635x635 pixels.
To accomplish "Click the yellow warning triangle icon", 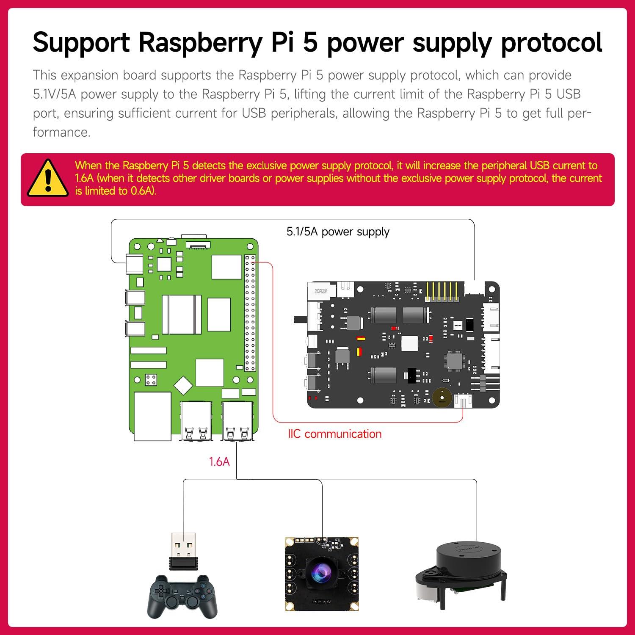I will click(48, 179).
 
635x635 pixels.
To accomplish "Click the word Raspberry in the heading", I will click(201, 42).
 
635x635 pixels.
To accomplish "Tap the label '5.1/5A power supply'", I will click(338, 232).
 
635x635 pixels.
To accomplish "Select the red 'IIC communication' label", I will click(334, 434).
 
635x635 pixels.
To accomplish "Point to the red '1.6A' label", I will click(219, 461).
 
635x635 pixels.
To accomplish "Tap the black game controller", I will click(182, 595).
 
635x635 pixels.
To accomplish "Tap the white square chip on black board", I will click(409, 343).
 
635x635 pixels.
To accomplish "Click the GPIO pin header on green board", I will click(250, 313).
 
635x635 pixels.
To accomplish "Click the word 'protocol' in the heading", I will click(552, 42).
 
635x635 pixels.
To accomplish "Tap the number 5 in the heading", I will click(310, 42).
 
